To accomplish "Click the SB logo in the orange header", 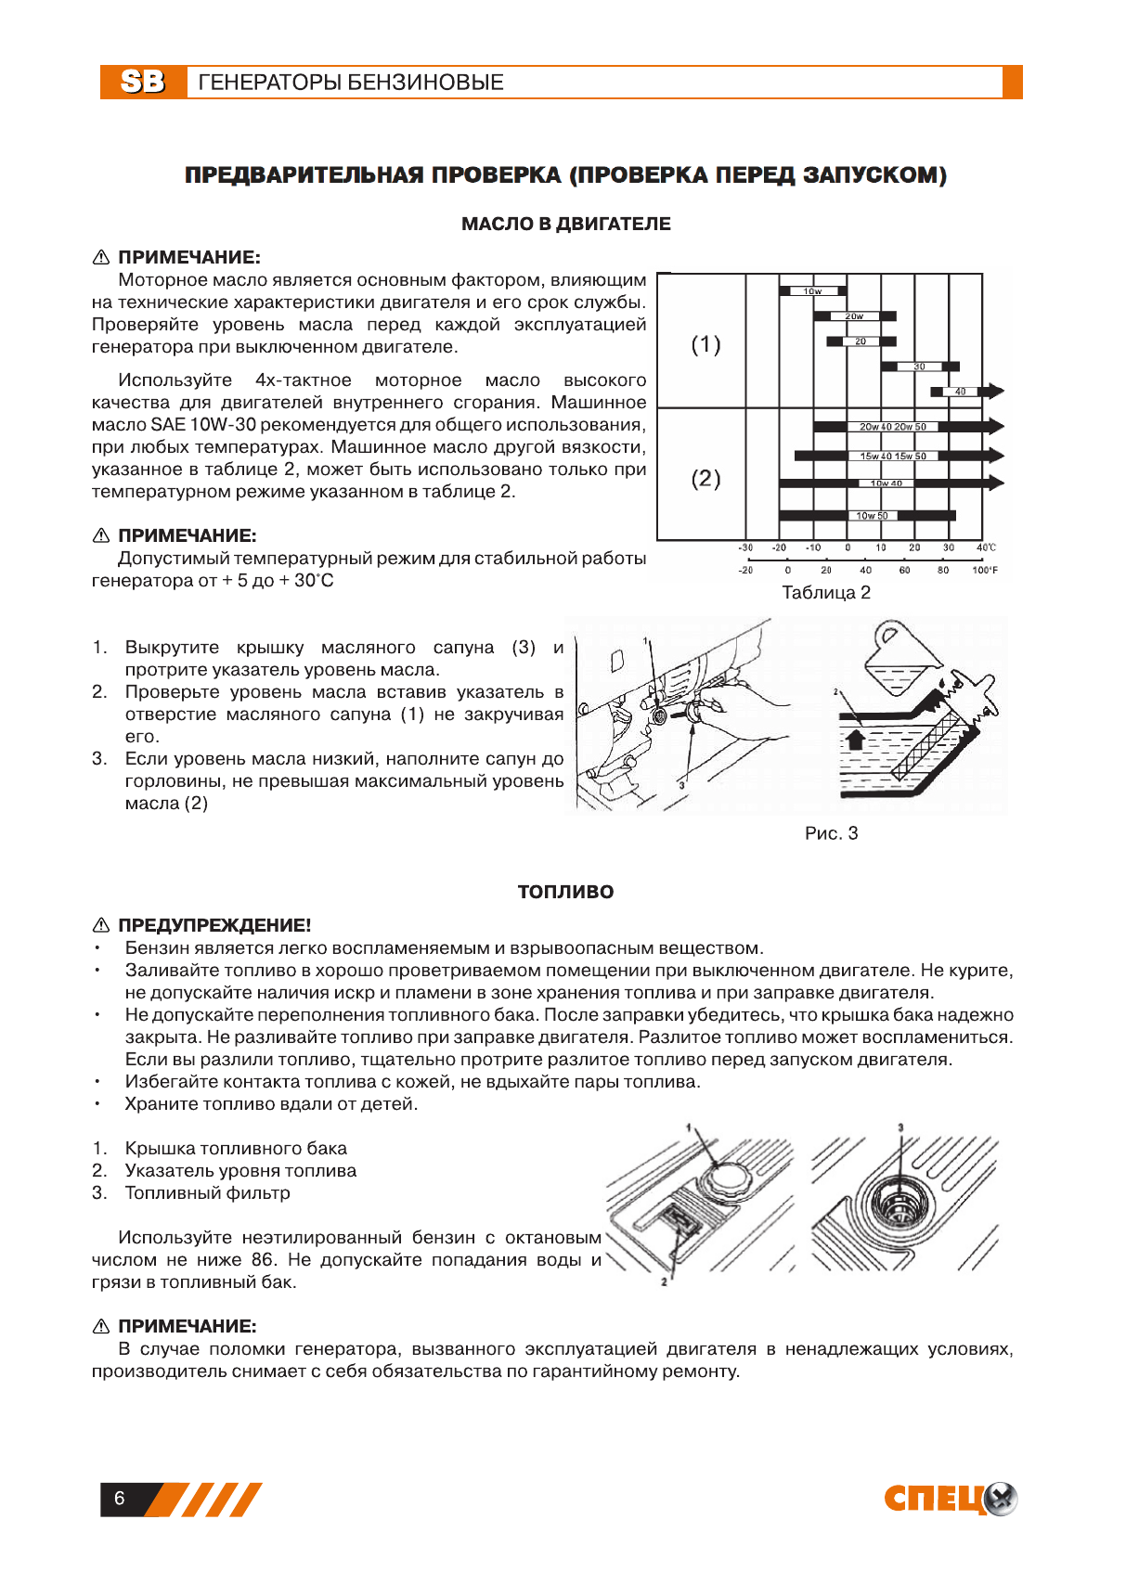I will [x=143, y=82].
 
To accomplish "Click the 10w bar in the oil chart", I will [x=812, y=291].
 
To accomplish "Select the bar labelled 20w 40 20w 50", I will [x=891, y=427].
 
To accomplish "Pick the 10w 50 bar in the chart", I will [x=871, y=516].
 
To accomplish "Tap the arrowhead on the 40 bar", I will [x=994, y=392].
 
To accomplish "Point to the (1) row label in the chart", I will [x=705, y=344].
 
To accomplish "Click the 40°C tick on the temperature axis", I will [x=985, y=547].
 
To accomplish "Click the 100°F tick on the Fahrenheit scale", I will [x=984, y=570].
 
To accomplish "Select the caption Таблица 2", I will [x=826, y=592].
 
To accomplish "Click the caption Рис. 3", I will [x=831, y=833].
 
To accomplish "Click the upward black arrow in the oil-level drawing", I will [x=855, y=738].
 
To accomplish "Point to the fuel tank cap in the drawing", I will [x=720, y=1181].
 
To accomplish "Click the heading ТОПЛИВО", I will [x=565, y=892].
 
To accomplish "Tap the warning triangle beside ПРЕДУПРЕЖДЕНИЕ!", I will [x=101, y=925].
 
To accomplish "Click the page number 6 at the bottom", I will [x=119, y=1498].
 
